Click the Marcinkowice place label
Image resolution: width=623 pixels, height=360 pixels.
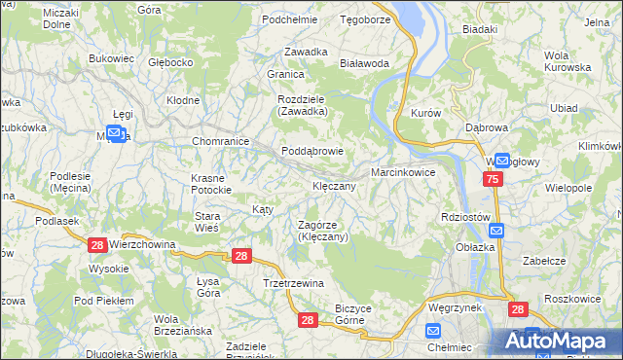pos(402,172)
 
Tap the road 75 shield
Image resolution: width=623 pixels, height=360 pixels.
pos(493,180)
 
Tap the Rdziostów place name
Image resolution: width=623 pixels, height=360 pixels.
pos(463,217)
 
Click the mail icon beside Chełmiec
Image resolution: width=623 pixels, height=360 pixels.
pos(435,331)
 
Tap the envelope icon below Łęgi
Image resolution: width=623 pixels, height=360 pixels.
pos(115,133)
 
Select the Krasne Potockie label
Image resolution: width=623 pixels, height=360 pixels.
pos(208,184)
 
